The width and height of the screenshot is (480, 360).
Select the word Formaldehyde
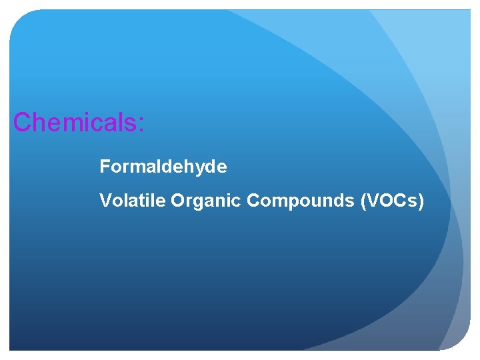(x=163, y=167)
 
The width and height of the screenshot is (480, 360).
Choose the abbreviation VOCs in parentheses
(x=391, y=201)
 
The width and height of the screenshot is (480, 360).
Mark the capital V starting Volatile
(x=105, y=201)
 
